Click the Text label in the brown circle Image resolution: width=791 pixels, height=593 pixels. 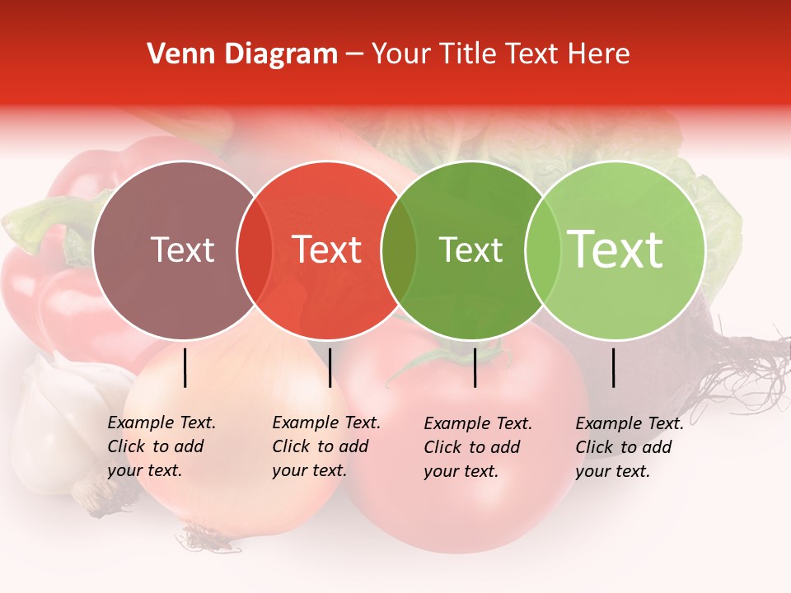click(x=182, y=250)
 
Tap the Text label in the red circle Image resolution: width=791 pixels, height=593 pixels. click(x=326, y=250)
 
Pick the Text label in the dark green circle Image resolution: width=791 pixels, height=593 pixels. click(x=470, y=250)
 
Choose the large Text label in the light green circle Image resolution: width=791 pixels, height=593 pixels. click(x=615, y=249)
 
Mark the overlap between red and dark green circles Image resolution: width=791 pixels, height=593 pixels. click(x=398, y=250)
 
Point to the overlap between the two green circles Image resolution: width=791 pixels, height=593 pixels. click(x=542, y=250)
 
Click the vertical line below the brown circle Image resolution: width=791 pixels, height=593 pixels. click(x=185, y=367)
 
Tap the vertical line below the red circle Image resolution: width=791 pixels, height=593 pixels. click(x=330, y=367)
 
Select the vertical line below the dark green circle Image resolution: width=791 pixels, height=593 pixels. click(x=475, y=367)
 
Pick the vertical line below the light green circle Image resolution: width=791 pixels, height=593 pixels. click(x=614, y=367)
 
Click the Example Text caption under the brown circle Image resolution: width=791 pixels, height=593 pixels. click(x=161, y=446)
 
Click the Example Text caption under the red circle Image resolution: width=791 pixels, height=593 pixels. click(x=325, y=446)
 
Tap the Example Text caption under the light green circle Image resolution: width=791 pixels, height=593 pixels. click(x=629, y=447)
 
